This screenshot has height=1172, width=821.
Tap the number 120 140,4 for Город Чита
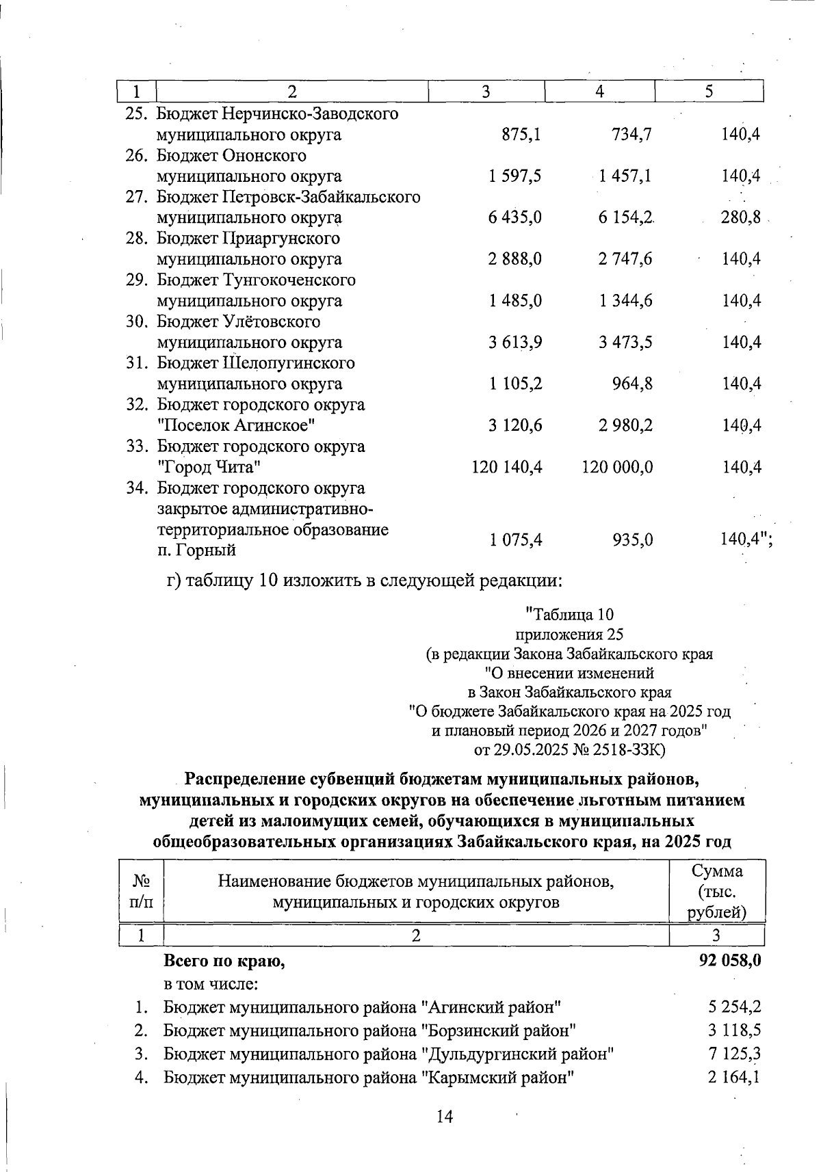coord(507,468)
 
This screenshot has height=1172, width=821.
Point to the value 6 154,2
coord(625,218)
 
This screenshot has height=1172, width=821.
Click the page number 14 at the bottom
coord(445,1117)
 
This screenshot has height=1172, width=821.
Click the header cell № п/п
coord(141,892)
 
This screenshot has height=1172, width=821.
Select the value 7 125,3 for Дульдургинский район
coord(735,1054)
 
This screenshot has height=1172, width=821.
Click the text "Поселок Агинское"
coord(236,426)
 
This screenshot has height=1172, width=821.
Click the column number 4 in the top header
coord(599,92)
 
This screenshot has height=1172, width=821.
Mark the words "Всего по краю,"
coord(224,961)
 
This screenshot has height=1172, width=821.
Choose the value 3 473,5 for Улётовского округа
coord(625,343)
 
